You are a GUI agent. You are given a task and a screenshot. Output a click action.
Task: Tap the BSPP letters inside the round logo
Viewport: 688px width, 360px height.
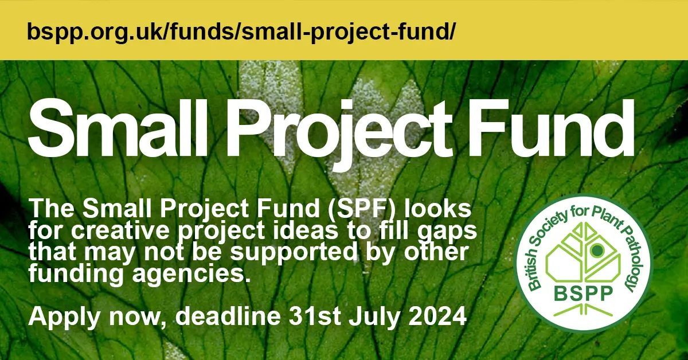point(584,294)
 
